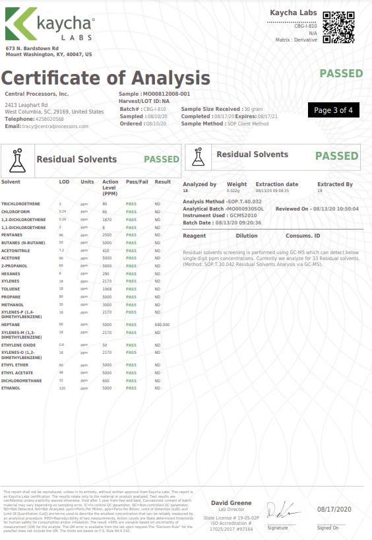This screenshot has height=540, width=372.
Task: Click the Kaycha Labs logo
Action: pyautogui.click(x=50, y=25)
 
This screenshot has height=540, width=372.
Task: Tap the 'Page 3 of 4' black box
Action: pyautogui.click(x=333, y=110)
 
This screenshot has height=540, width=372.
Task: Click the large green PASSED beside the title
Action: pyautogui.click(x=341, y=73)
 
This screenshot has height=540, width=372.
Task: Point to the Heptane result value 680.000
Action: pyautogui.click(x=162, y=325)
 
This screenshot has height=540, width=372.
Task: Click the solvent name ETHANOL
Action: pyautogui.click(x=11, y=388)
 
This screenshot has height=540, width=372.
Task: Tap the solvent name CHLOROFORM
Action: pyautogui.click(x=15, y=211)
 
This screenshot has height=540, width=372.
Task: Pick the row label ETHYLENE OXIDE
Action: pyautogui.click(x=18, y=345)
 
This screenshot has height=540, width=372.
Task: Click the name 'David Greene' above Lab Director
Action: pyautogui.click(x=222, y=504)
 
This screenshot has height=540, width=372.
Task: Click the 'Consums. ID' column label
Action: pyautogui.click(x=303, y=236)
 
